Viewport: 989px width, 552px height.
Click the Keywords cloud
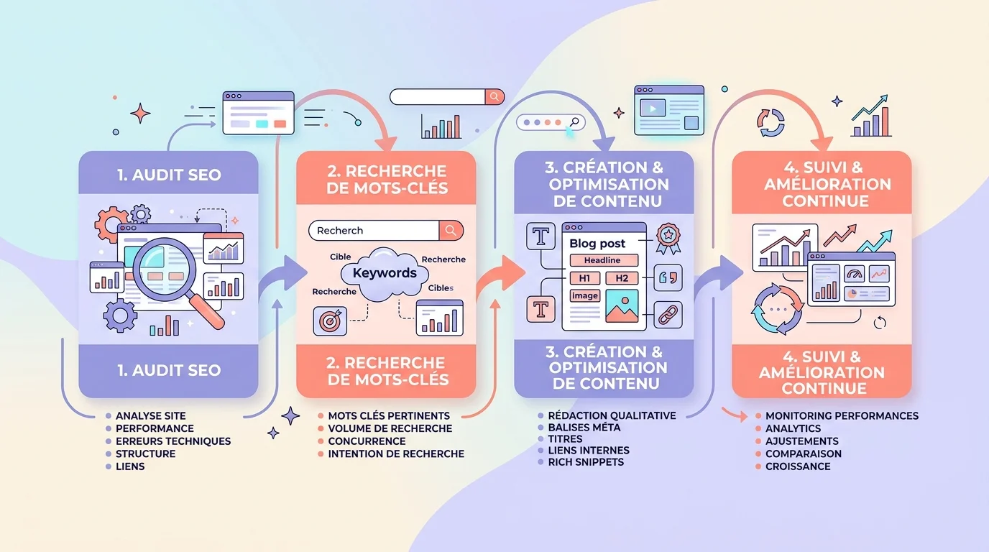click(x=385, y=273)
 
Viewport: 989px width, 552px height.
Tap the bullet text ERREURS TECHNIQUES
click(x=173, y=441)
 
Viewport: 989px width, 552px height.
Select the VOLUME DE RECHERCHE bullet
click(x=390, y=428)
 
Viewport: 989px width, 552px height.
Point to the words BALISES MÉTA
click(x=584, y=427)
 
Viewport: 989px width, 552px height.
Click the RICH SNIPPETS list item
click(x=586, y=462)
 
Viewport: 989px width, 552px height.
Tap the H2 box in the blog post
click(x=622, y=278)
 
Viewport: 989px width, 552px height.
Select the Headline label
click(x=602, y=260)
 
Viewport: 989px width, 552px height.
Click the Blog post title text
click(x=597, y=244)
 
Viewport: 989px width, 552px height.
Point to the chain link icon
click(x=668, y=315)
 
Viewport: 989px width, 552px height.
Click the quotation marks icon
click(x=668, y=276)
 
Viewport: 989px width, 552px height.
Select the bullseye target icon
click(x=329, y=321)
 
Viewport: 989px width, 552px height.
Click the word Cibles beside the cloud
click(x=441, y=288)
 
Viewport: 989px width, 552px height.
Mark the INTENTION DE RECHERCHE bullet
click(x=396, y=454)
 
